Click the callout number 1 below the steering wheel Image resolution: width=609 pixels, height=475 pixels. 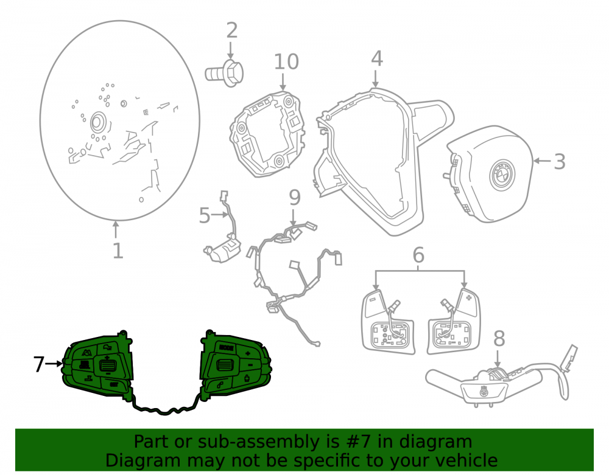118,251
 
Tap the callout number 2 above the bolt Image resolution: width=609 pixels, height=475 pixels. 231,30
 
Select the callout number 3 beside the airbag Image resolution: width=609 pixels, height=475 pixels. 559,161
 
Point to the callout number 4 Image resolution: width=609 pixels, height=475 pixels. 377,58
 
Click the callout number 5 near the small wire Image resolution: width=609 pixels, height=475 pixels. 205,215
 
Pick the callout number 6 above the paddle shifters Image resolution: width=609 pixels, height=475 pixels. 418,255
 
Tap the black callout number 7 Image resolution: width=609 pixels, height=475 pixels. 38,364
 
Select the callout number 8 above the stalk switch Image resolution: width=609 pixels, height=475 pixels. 499,339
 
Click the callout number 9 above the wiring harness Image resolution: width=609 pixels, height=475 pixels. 295,198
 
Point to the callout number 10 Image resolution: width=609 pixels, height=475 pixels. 286,61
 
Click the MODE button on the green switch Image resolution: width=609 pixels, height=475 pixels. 226,348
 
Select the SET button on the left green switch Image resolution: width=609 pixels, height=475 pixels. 114,384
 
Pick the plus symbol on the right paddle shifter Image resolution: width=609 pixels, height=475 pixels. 469,298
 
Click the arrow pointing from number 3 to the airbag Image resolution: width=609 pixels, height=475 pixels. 542,161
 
